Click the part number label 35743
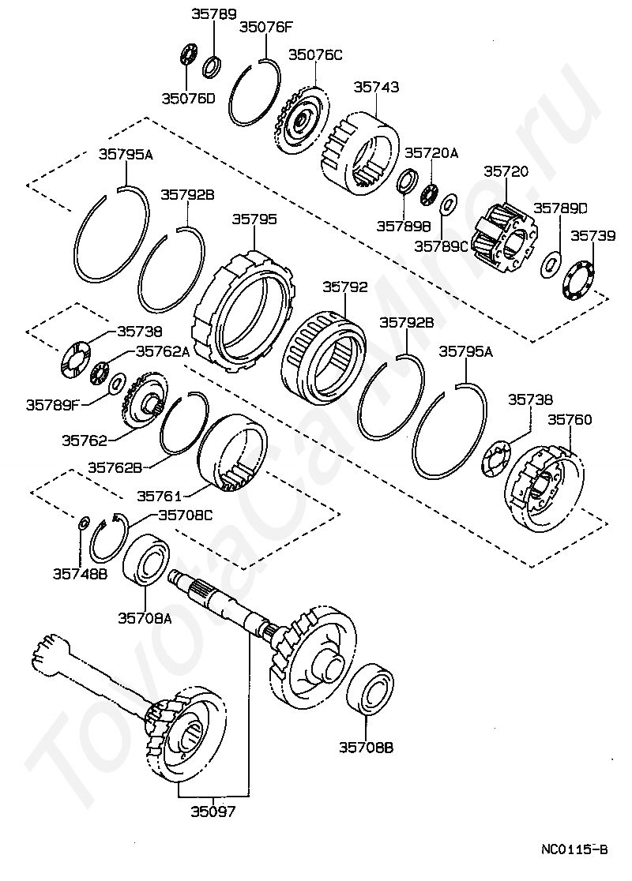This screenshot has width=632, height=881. (x=376, y=87)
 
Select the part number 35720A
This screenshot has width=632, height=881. (x=431, y=153)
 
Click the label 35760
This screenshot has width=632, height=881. (x=570, y=419)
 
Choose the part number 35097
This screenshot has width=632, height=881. (x=213, y=810)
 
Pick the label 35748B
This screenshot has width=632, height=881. (x=80, y=573)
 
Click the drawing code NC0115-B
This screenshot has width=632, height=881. (x=574, y=849)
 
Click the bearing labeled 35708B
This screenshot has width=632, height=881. (x=371, y=690)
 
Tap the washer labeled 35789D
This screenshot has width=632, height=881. (x=551, y=264)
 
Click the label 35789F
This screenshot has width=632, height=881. (x=52, y=405)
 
